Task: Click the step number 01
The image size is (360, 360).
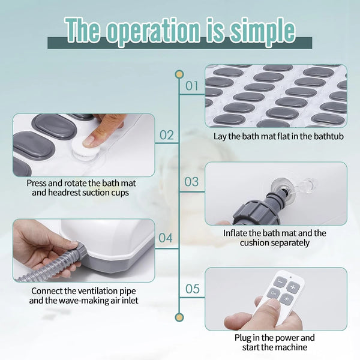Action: tap(192, 86)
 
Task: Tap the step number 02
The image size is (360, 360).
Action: tap(166, 135)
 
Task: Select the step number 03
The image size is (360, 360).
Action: tap(191, 182)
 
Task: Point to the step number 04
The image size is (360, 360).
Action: tap(166, 238)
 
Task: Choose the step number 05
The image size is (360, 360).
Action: tap(193, 289)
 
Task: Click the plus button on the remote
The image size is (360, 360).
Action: tap(293, 287)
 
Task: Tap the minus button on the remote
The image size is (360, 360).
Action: tap(280, 280)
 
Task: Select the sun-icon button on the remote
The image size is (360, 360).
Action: tap(286, 299)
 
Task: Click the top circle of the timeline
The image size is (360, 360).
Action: tap(179, 74)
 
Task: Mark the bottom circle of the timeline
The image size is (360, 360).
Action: tap(179, 317)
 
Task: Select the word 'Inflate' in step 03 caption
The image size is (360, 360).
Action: tap(235, 233)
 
